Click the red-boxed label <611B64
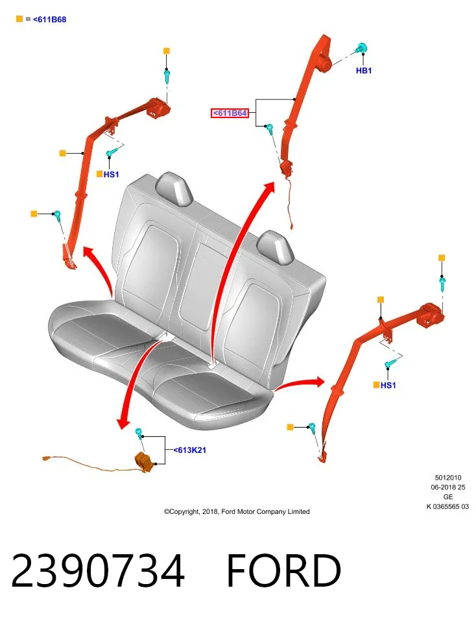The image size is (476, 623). point(230,113)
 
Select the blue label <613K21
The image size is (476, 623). point(190,450)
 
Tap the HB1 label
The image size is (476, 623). point(364,71)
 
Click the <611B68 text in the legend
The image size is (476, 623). point(50,19)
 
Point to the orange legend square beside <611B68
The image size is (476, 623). point(19,19)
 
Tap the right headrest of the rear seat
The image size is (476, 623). point(275,247)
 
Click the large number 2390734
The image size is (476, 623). point(98,570)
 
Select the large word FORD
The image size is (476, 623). point(283,570)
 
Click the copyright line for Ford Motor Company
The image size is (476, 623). point(237,512)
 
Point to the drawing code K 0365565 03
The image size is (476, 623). point(447,507)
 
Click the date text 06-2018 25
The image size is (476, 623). point(448,487)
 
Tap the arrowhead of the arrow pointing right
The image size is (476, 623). point(319,382)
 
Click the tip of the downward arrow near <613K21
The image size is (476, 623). point(121,428)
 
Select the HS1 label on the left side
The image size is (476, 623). point(111,175)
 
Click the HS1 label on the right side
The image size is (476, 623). point(388,385)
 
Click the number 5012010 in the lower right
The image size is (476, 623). point(448,478)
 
